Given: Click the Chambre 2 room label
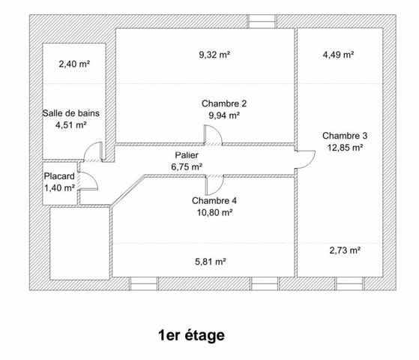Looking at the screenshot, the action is [x=224, y=103].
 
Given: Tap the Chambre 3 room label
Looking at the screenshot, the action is [x=345, y=136].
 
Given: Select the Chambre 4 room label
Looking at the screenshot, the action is [x=214, y=200].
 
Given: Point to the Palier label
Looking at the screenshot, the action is [x=187, y=155].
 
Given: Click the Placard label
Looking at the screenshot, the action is [x=59, y=176].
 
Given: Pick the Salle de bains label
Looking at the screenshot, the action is [x=70, y=113].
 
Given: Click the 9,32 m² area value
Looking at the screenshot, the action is [x=214, y=55].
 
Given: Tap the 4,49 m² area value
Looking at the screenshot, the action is [x=338, y=55].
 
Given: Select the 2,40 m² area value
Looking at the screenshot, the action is [x=74, y=64].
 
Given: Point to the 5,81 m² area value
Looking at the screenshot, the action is [x=211, y=261].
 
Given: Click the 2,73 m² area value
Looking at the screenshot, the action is [x=345, y=250].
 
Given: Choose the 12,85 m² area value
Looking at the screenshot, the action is [x=345, y=147].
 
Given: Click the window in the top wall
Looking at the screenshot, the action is [x=262, y=22].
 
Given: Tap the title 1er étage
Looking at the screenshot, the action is [x=191, y=335].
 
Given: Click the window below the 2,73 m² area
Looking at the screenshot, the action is [x=349, y=283].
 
